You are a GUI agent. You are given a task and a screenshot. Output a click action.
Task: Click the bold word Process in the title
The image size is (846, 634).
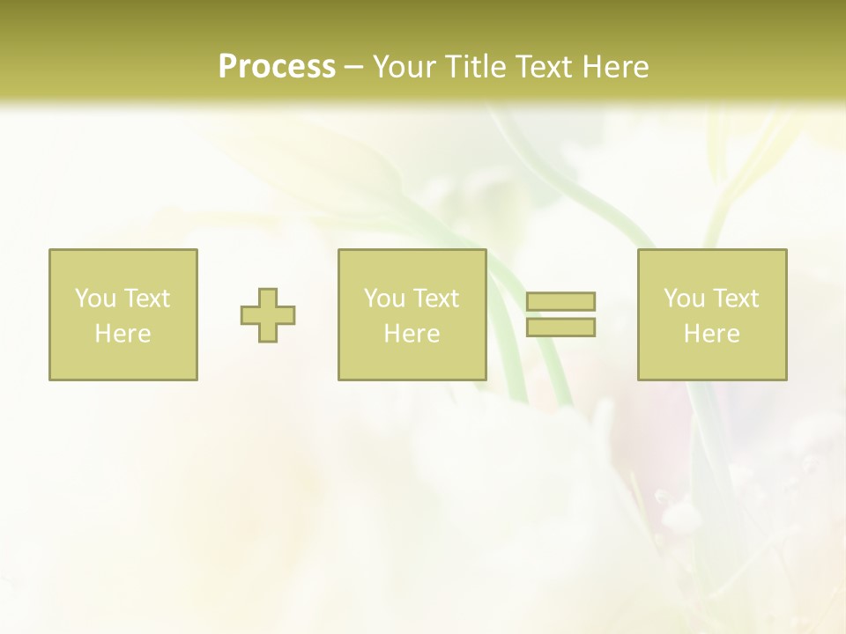277,67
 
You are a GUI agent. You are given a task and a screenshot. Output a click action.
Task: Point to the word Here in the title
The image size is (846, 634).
615,67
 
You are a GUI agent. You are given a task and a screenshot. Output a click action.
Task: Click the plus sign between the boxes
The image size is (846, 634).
268,315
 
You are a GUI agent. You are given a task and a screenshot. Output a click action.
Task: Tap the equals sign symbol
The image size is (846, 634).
560,314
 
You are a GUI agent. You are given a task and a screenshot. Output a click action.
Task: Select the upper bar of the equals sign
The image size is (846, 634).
560,302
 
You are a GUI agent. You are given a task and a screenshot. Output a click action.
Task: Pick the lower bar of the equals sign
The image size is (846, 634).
560,327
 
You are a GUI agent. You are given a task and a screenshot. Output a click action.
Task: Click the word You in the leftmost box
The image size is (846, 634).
95,299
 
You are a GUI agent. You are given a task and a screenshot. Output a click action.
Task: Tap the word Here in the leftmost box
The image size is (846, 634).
123,334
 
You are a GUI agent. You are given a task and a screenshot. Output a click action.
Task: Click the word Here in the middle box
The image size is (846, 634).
412,334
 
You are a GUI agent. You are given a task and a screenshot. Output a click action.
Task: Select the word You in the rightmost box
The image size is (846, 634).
684,299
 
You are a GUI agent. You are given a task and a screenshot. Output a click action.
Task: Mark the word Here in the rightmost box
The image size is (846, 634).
712,334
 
